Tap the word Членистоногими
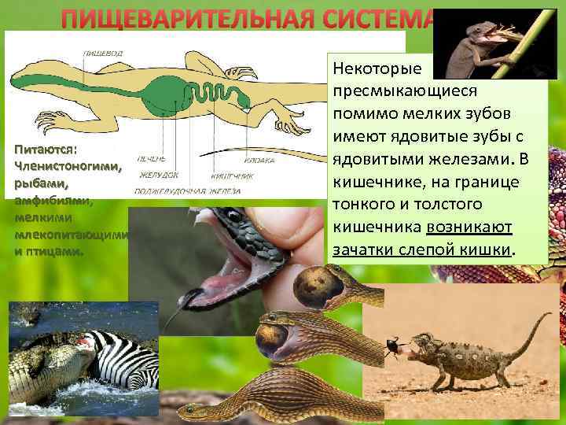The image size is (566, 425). [66, 167]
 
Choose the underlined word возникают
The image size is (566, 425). [469, 227]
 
